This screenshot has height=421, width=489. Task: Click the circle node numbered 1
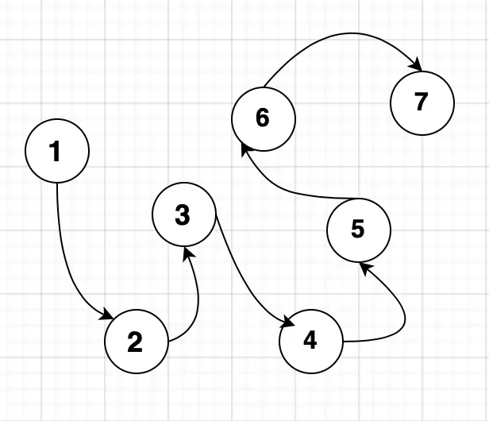coord(56,150)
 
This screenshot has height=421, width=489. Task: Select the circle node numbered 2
coord(136,342)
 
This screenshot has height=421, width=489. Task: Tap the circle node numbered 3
coord(183,214)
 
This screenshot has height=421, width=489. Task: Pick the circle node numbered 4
coord(310,341)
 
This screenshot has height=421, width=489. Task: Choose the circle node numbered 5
coord(358,230)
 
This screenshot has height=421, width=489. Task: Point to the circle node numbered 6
coord(263,118)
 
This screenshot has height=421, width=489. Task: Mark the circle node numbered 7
coord(422,102)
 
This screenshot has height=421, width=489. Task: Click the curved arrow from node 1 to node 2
coord(64,262)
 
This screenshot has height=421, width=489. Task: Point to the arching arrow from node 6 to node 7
coord(341,35)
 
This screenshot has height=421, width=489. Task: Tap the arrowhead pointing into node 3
coord(188,253)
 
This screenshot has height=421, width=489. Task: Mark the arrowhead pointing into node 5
coord(364,267)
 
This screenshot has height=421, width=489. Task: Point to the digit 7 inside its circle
coord(422,102)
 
